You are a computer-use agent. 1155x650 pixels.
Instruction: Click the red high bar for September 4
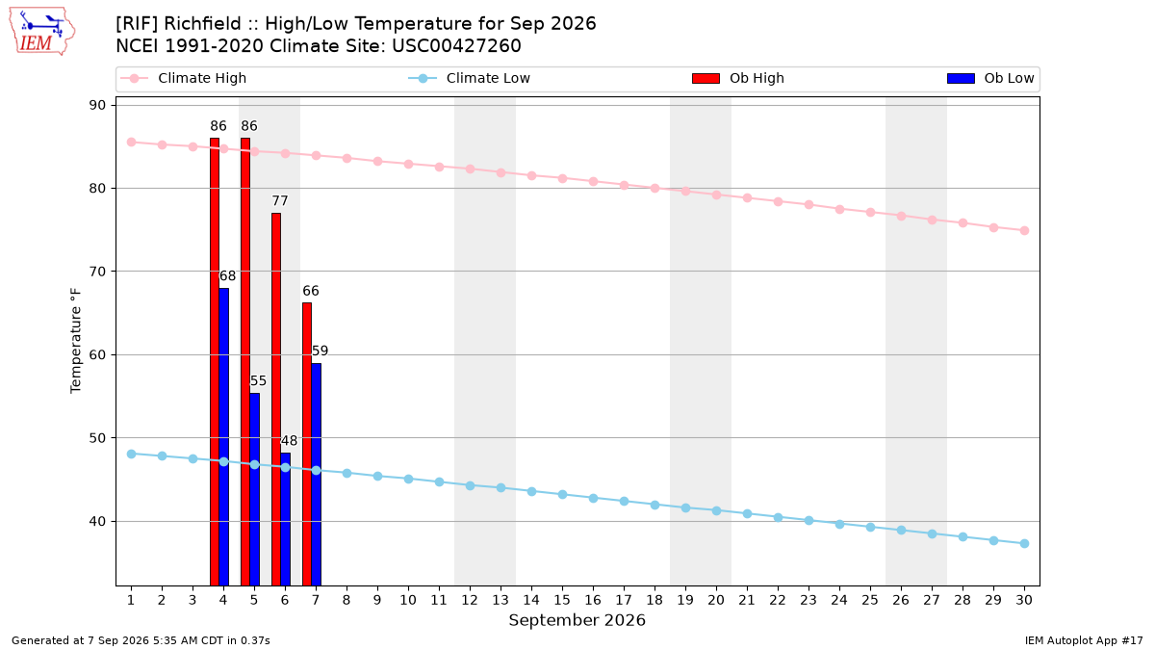(215, 362)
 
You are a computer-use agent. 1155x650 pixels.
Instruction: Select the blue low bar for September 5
(255, 489)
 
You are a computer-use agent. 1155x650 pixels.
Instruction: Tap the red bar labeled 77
(276, 400)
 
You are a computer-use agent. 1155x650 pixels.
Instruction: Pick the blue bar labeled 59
(316, 475)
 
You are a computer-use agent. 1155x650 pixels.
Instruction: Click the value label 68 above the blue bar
(227, 276)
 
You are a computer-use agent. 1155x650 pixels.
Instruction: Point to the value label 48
(289, 441)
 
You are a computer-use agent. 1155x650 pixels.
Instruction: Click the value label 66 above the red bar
(310, 291)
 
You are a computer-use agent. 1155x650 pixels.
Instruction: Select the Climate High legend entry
(184, 78)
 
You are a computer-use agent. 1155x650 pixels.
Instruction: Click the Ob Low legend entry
(990, 78)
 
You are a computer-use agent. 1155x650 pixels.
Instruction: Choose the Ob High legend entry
(738, 78)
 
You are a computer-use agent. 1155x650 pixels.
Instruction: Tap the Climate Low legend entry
(470, 78)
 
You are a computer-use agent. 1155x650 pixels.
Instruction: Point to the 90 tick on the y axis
(97, 105)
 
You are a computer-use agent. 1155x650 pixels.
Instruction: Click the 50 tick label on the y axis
(97, 438)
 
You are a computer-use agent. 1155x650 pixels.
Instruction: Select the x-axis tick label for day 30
(1024, 600)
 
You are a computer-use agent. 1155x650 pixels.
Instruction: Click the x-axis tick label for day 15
(562, 600)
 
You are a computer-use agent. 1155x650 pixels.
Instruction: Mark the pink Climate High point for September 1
(132, 142)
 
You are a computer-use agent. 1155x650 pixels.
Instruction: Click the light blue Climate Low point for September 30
(1024, 543)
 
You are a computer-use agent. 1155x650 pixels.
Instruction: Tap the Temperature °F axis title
(76, 341)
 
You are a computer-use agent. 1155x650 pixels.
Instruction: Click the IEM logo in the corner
(42, 32)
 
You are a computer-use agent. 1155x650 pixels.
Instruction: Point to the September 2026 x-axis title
(577, 620)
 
